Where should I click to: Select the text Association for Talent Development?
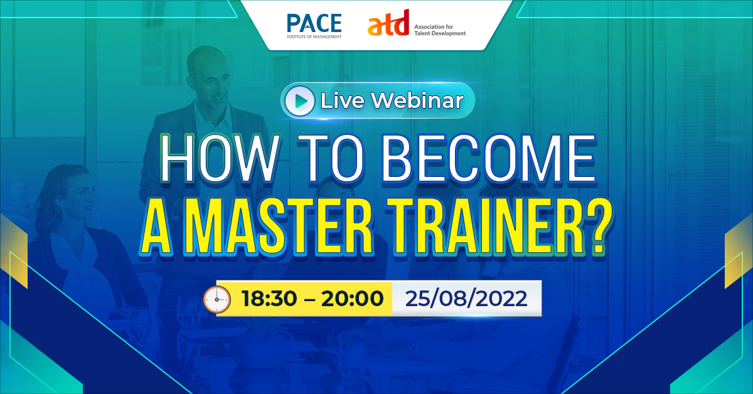pyautogui.click(x=439, y=29)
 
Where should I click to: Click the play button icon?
pyautogui.click(x=299, y=100)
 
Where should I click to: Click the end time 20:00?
pyautogui.click(x=352, y=299)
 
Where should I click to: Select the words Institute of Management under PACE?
pyautogui.click(x=314, y=37)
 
